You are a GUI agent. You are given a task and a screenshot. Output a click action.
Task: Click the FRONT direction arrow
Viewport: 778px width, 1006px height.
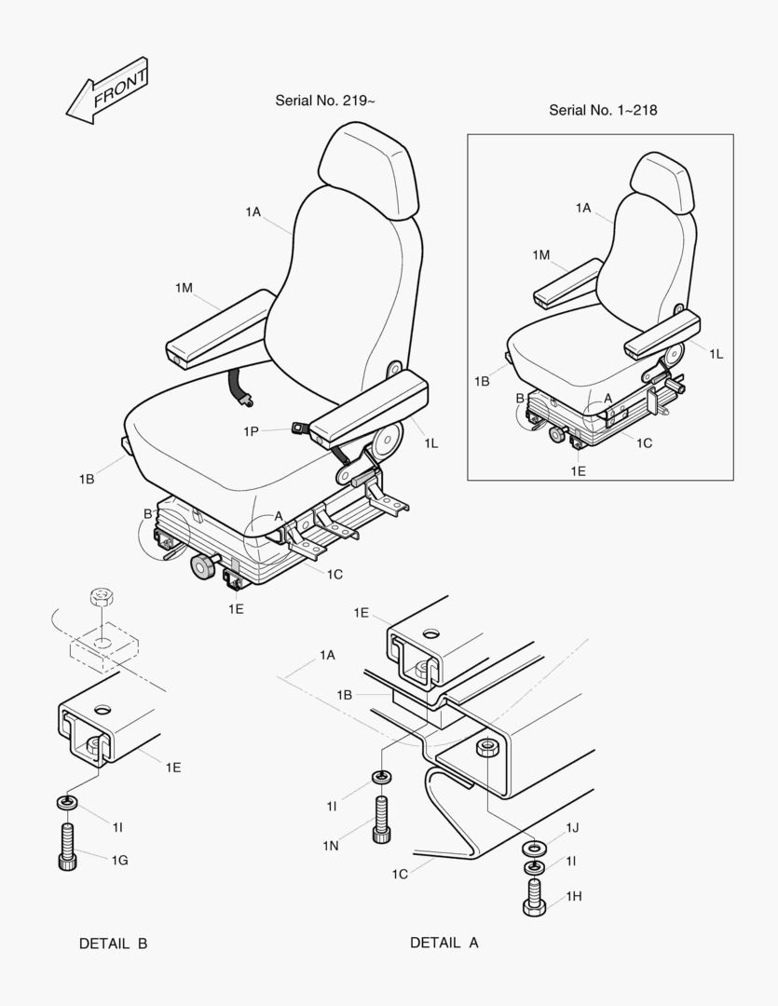pos(108,91)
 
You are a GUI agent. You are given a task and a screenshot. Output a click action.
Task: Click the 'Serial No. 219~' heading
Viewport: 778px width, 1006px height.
pos(325,101)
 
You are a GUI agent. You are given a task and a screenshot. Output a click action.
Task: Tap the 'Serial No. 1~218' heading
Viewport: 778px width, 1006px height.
pos(603,110)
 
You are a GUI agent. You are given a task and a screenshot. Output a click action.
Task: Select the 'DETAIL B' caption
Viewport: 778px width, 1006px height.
pos(113,943)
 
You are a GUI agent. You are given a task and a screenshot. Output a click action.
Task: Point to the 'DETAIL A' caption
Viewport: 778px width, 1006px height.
pos(444,943)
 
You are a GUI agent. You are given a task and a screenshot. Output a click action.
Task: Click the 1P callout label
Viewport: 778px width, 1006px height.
pos(251,432)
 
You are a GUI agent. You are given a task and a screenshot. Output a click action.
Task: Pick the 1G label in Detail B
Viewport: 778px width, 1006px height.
pos(120,861)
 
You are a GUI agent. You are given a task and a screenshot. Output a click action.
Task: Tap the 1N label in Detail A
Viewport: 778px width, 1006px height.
pos(331,846)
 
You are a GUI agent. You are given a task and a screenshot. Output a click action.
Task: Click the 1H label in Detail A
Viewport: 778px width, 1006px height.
pos(574,896)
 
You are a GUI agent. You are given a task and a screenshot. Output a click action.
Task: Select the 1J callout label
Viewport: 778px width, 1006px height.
pos(572,828)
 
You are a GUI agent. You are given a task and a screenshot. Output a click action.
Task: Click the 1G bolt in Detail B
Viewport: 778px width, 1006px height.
pos(67,847)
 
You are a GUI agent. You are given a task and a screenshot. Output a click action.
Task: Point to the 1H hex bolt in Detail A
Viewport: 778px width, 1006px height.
pos(534,898)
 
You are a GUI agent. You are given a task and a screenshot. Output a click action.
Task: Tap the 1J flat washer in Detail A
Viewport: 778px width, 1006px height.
pos(534,849)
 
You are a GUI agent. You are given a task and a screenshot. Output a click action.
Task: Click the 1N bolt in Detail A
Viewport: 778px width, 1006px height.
pos(381,820)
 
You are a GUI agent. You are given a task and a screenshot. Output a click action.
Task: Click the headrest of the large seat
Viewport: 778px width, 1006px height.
pos(368,170)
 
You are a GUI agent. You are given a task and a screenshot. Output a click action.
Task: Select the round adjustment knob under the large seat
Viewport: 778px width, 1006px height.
pos(204,567)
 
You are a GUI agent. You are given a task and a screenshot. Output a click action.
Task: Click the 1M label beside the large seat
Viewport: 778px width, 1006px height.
pos(184,288)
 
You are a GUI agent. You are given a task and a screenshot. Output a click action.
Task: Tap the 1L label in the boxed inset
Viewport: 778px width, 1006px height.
pos(717,354)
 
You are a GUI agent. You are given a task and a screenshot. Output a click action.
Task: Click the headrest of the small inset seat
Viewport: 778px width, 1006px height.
pos(662,183)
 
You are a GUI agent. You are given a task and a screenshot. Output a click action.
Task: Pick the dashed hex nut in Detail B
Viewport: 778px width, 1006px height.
pos(101,596)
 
